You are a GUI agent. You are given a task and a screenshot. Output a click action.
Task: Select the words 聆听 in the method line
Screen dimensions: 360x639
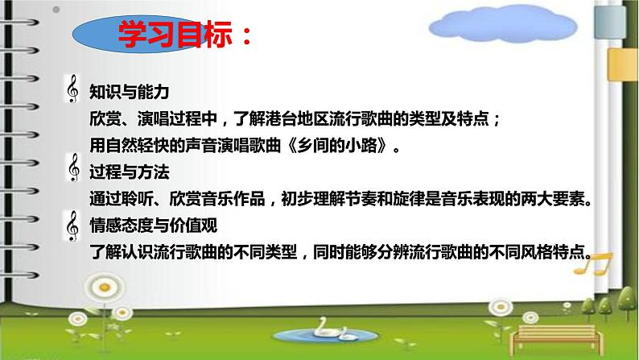[146, 199]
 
